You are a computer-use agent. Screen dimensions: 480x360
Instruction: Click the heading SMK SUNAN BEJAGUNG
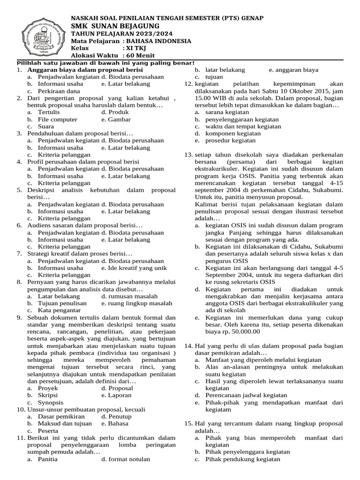[115, 25]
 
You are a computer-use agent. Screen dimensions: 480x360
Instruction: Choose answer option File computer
[58, 120]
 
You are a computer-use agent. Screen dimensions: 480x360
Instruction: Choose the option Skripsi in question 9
[48, 395]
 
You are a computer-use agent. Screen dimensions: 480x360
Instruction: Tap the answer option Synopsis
[51, 402]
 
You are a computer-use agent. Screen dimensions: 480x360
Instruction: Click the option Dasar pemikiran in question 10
[61, 416]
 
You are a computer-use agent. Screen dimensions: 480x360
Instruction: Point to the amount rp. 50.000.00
[232, 331]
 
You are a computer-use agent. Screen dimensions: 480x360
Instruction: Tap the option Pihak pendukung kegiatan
[243, 459]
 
